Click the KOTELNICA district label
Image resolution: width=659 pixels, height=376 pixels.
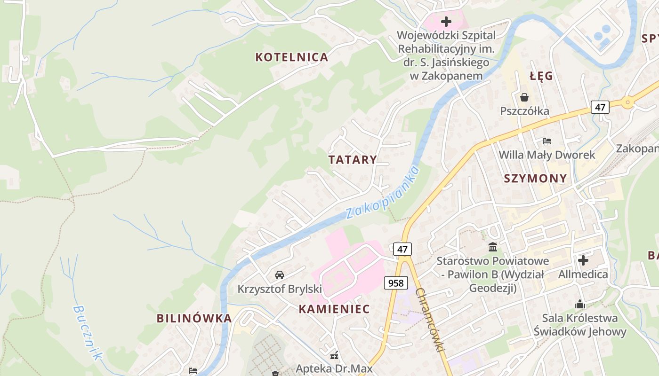pyautogui.click(x=291, y=57)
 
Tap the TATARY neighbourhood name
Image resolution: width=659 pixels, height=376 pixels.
pyautogui.click(x=353, y=160)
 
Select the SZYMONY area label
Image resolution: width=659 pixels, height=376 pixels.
pyautogui.click(x=535, y=179)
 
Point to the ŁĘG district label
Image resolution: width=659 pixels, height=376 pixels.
pyautogui.click(x=541, y=76)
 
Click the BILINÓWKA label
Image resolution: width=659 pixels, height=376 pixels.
pyautogui.click(x=194, y=319)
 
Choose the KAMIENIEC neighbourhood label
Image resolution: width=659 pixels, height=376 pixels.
pyautogui.click(x=334, y=309)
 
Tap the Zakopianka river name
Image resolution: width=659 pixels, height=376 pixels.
pyautogui.click(x=382, y=193)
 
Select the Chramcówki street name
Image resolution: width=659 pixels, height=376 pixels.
pyautogui.click(x=430, y=320)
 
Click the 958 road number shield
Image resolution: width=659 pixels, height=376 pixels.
pyautogui.click(x=396, y=282)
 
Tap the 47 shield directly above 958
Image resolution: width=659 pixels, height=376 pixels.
pyautogui.click(x=402, y=249)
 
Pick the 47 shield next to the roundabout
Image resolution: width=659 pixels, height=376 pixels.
pyautogui.click(x=600, y=107)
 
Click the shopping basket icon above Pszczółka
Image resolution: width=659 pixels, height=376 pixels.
pyautogui.click(x=524, y=97)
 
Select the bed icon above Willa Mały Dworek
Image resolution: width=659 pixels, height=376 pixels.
pyautogui.click(x=546, y=141)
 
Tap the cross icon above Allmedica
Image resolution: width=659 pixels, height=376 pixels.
pyautogui.click(x=583, y=260)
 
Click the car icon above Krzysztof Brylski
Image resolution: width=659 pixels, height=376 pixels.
pyautogui.click(x=279, y=274)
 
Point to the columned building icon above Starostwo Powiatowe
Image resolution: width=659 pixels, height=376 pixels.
pyautogui.click(x=492, y=247)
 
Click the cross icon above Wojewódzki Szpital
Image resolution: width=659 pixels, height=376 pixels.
pyautogui.click(x=446, y=22)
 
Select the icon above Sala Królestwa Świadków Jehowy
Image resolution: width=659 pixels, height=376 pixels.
pyautogui.click(x=579, y=304)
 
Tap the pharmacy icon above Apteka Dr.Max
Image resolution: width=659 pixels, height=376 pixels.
pyautogui.click(x=334, y=355)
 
